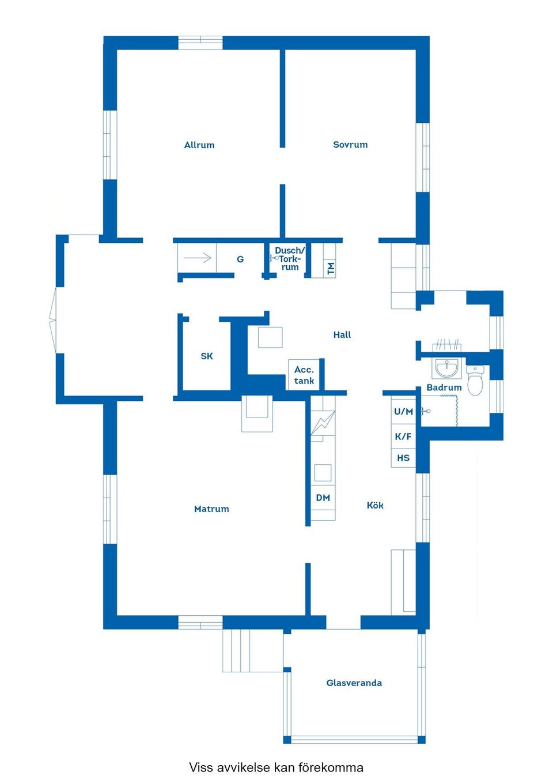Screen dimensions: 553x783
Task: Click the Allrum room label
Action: click(199, 145)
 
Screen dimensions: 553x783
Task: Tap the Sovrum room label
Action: click(350, 144)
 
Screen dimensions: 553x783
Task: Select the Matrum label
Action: click(211, 509)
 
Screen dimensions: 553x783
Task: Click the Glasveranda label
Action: click(354, 683)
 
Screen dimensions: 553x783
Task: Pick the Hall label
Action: click(342, 334)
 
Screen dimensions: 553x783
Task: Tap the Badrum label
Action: click(444, 387)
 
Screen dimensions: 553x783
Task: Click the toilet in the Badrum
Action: click(475, 381)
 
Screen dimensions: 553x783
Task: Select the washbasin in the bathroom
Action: click(446, 368)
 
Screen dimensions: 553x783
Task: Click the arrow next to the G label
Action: click(197, 258)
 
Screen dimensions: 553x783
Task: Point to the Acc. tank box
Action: click(304, 375)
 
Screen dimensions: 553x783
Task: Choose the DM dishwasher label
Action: click(323, 498)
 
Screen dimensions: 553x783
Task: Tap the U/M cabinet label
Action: click(404, 412)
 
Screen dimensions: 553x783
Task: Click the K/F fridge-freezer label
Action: click(403, 436)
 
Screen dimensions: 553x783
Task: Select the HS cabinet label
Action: click(403, 458)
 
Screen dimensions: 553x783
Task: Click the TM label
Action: click(331, 269)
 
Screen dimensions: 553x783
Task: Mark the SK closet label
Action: click(207, 356)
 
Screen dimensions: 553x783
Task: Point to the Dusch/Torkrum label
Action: click(290, 259)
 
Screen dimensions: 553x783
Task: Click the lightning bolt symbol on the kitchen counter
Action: click(323, 423)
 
